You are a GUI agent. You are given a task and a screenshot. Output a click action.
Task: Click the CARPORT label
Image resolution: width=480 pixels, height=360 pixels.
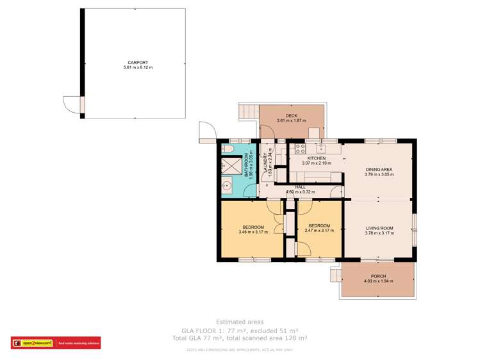coord(133,62)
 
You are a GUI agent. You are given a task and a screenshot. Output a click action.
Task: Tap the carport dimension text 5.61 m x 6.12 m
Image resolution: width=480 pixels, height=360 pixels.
coord(133,67)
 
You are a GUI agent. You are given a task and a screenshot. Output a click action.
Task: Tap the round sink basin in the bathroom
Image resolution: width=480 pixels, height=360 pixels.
coord(226,186)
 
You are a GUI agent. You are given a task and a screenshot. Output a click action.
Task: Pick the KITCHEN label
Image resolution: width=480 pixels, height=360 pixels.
coord(316,158)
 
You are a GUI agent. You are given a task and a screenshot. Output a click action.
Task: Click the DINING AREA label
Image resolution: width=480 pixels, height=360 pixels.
coord(378,169)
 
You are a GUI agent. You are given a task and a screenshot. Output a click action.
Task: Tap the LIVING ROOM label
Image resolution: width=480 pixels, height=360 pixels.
coord(379,228)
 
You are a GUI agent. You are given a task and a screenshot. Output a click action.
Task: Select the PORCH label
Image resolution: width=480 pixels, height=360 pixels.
coord(378,276)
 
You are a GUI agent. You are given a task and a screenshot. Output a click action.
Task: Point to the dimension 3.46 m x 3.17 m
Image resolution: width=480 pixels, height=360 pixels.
coord(251,232)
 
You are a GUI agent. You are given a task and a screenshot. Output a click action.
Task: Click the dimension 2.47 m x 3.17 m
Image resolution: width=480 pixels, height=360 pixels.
coord(319,231)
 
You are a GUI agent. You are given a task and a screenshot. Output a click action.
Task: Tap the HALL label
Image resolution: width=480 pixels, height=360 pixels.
coord(300,186)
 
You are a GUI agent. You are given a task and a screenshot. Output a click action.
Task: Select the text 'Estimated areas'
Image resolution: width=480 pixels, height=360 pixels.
coord(240,322)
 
